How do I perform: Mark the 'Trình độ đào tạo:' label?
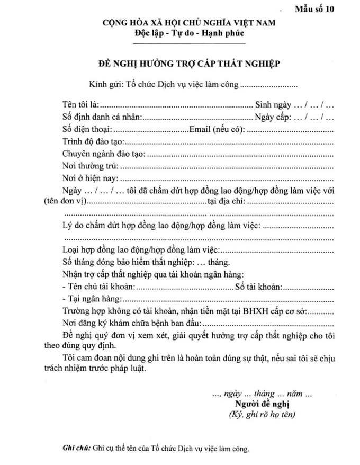point(93,142)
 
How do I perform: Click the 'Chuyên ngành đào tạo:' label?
point(103,154)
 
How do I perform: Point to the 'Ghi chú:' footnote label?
point(76,449)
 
